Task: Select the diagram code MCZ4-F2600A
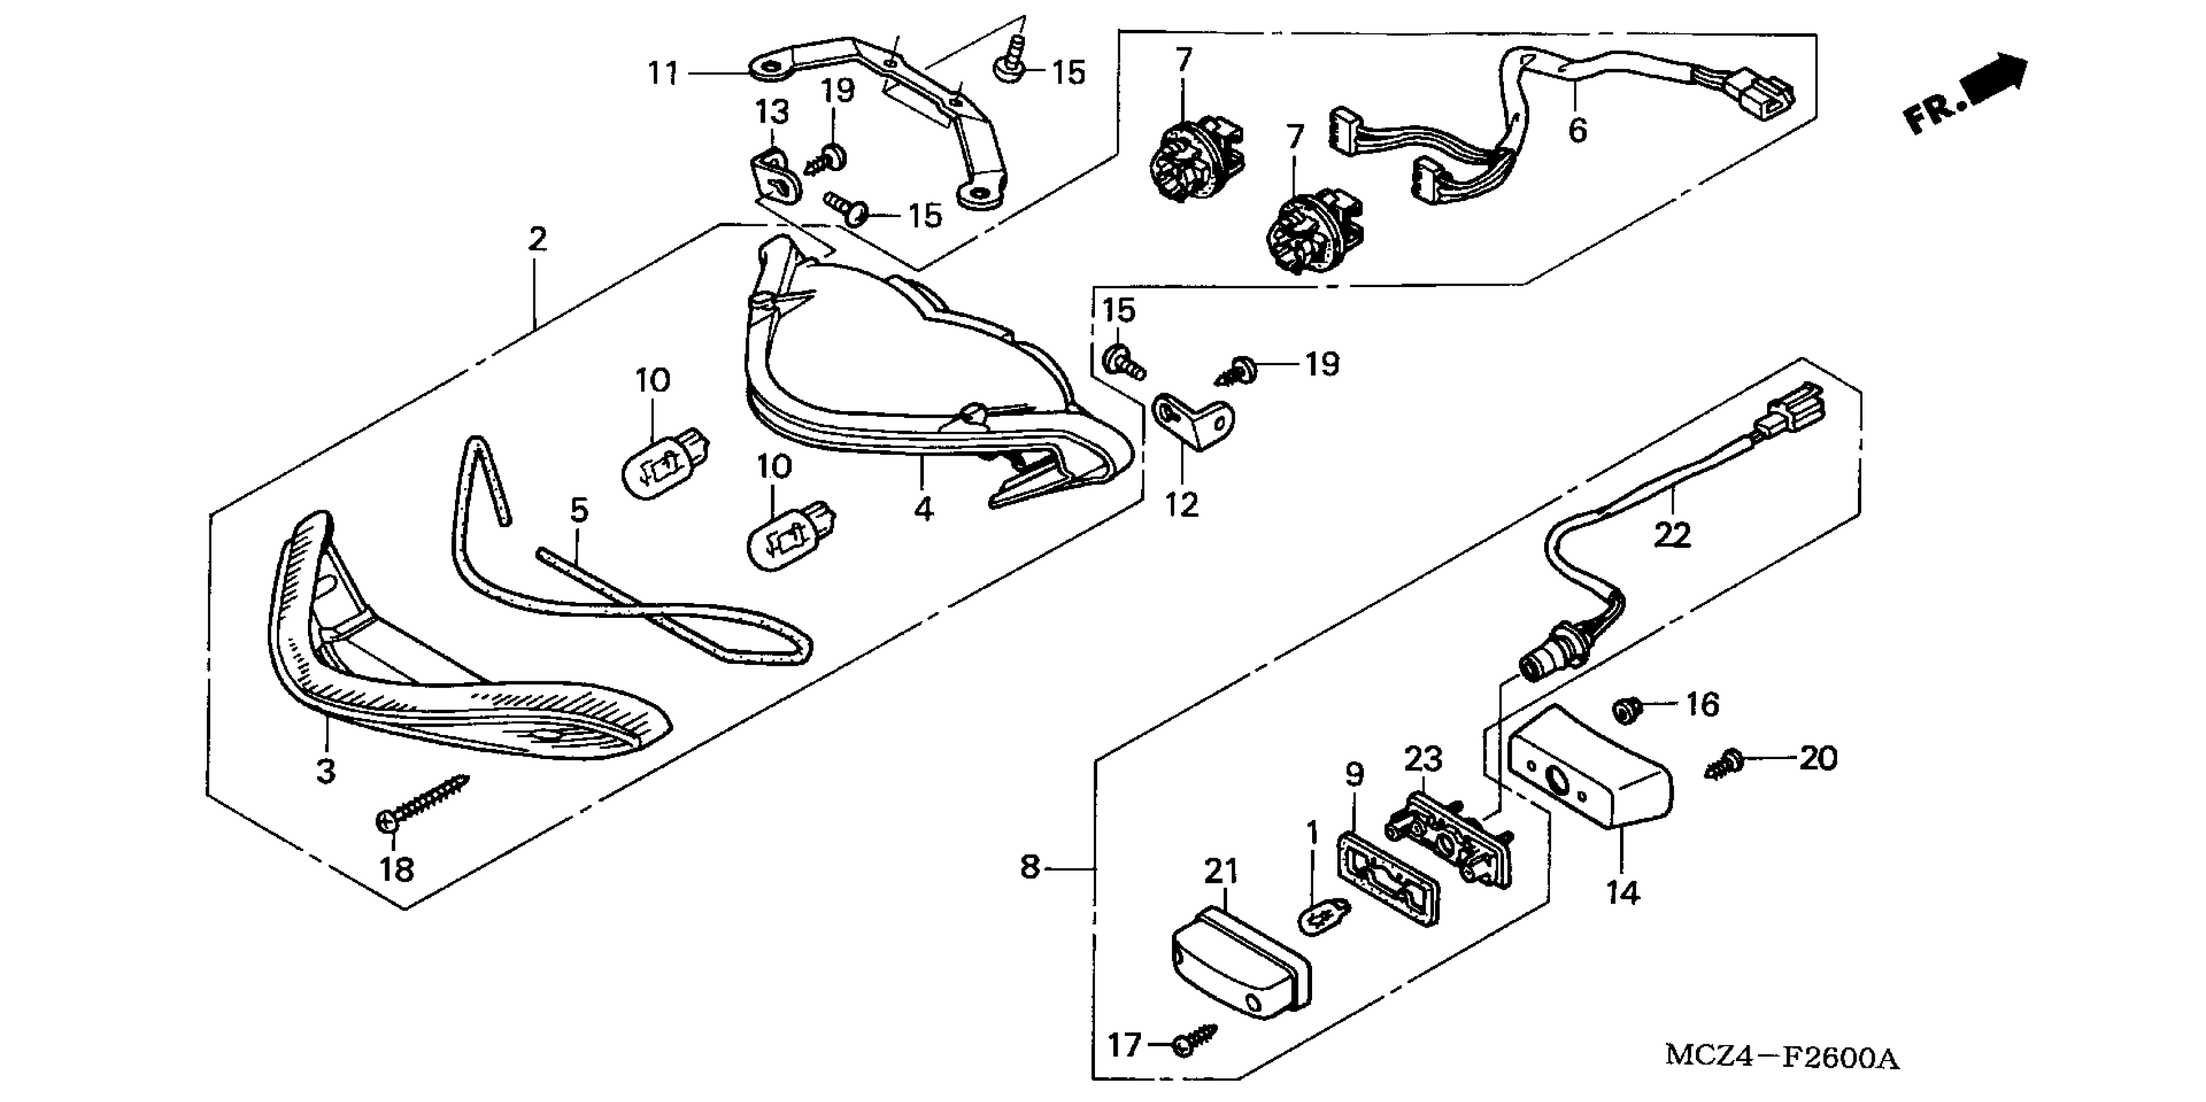(x=1781, y=1057)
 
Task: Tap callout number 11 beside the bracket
(x=663, y=74)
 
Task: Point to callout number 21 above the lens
(x=1221, y=872)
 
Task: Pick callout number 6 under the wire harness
(x=1577, y=130)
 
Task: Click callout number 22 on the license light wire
(x=1672, y=535)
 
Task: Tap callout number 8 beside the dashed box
(x=1029, y=867)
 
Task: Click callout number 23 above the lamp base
(x=1422, y=758)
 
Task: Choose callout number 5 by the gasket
(x=579, y=511)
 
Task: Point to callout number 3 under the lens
(x=325, y=771)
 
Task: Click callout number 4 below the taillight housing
(x=922, y=509)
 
